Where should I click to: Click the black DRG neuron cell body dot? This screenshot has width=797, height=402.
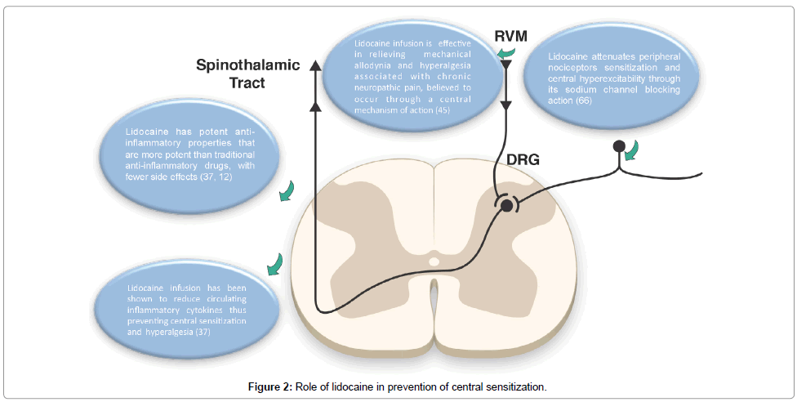tap(620, 146)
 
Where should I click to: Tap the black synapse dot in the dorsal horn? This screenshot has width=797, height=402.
tap(506, 204)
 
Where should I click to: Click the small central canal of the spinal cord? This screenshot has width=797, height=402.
tap(434, 262)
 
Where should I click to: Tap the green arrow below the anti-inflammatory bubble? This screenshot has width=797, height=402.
tap(285, 192)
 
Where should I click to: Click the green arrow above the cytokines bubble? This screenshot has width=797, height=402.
tap(273, 263)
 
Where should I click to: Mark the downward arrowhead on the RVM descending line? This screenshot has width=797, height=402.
tap(506, 105)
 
